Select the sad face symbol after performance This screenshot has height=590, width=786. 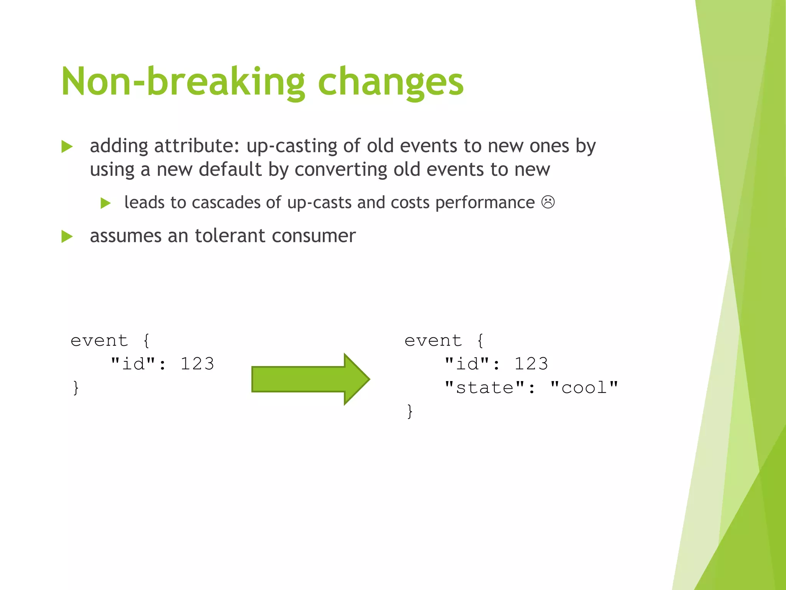[548, 202]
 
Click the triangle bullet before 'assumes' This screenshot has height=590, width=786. [67, 236]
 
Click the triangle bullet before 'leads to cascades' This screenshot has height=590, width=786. [105, 203]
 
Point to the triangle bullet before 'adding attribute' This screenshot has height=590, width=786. [67, 146]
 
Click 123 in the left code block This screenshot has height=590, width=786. [197, 363]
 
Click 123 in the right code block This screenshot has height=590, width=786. [531, 363]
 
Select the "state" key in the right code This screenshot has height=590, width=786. [484, 387]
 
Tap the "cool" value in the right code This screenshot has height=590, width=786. [584, 387]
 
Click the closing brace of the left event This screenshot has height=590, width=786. [76, 387]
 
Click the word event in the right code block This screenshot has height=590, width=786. [433, 340]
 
